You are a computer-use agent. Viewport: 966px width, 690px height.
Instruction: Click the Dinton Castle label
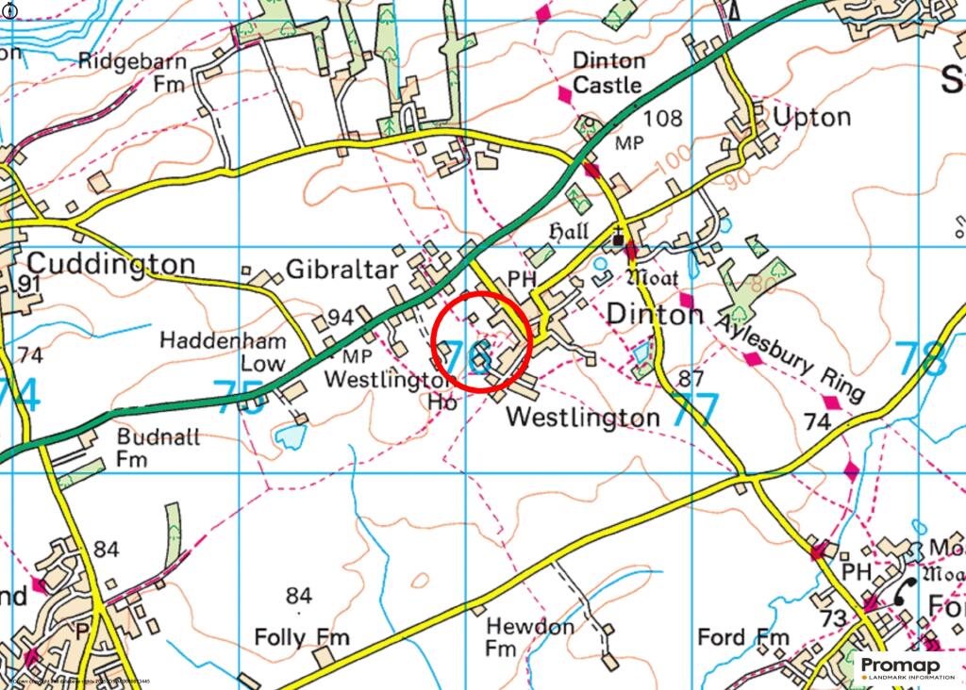(609, 73)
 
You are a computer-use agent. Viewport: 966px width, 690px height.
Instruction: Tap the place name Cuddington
(111, 263)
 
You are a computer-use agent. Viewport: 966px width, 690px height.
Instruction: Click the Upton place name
(811, 117)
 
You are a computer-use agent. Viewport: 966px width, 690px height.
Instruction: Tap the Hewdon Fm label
(529, 637)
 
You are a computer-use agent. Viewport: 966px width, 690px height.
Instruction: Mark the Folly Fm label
(302, 638)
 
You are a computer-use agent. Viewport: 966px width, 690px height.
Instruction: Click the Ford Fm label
(742, 638)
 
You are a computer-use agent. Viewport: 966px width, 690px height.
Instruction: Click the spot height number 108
(662, 119)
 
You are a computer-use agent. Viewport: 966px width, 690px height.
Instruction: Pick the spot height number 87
(691, 380)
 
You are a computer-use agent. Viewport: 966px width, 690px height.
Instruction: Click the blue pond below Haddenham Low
(291, 435)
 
